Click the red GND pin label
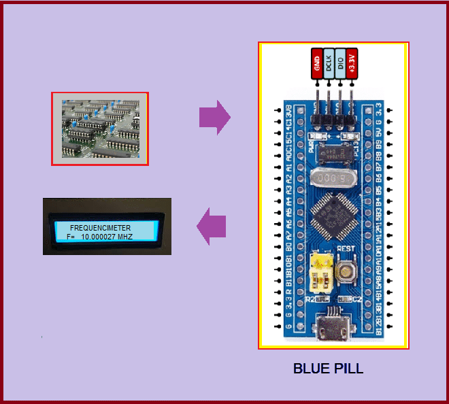coord(317,65)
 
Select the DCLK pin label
coord(329,65)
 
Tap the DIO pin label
coord(340,65)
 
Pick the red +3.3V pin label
coord(352,65)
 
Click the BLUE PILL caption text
coord(328,369)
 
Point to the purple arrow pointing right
coord(214,118)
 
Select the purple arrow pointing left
coord(212,226)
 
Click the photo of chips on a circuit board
coord(99,129)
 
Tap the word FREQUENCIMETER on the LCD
coord(101,228)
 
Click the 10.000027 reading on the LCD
coord(99,237)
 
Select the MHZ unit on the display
coord(124,237)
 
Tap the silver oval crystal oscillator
coord(333,178)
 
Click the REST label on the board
coord(346,248)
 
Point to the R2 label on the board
coord(310,298)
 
